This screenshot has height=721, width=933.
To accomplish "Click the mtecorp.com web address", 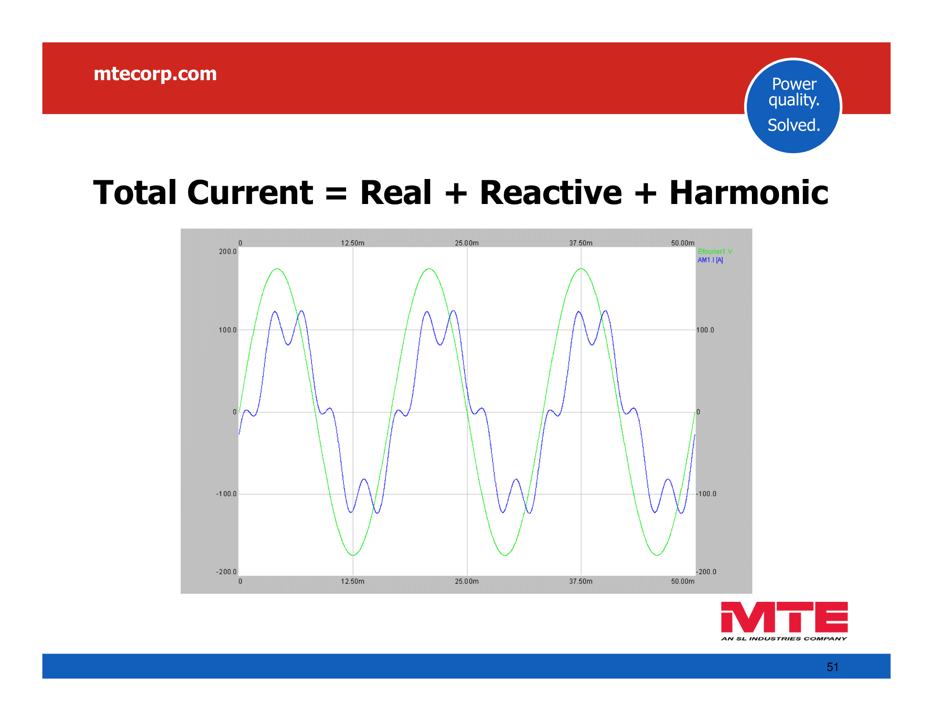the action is (155, 74).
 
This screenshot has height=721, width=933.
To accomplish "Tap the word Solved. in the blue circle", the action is (794, 125).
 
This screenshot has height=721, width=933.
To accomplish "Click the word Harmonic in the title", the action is (749, 193).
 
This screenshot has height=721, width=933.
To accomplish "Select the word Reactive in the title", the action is (550, 193).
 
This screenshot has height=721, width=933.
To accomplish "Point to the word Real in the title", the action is (396, 193).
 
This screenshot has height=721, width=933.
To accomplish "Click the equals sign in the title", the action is (336, 194).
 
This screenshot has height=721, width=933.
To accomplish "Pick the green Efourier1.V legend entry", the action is (715, 252).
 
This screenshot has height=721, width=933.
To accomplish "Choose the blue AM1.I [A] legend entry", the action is (710, 260).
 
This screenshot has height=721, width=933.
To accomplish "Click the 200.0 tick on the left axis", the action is (228, 252).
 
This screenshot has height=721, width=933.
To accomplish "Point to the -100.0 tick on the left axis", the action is (226, 494).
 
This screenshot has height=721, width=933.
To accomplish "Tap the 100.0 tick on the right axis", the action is (705, 330).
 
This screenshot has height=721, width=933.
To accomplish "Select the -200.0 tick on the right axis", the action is (706, 572).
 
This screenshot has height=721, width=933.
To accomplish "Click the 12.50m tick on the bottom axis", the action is (352, 581).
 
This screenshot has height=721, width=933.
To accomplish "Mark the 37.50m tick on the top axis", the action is (581, 243).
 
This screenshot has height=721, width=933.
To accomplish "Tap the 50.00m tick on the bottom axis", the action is (683, 581).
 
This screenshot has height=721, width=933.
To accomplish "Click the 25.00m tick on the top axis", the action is (466, 243).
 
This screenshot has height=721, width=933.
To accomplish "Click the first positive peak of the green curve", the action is (277, 268).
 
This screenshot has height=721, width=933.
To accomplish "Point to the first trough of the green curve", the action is (353, 555).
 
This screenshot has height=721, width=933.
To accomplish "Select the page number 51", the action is (832, 667).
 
